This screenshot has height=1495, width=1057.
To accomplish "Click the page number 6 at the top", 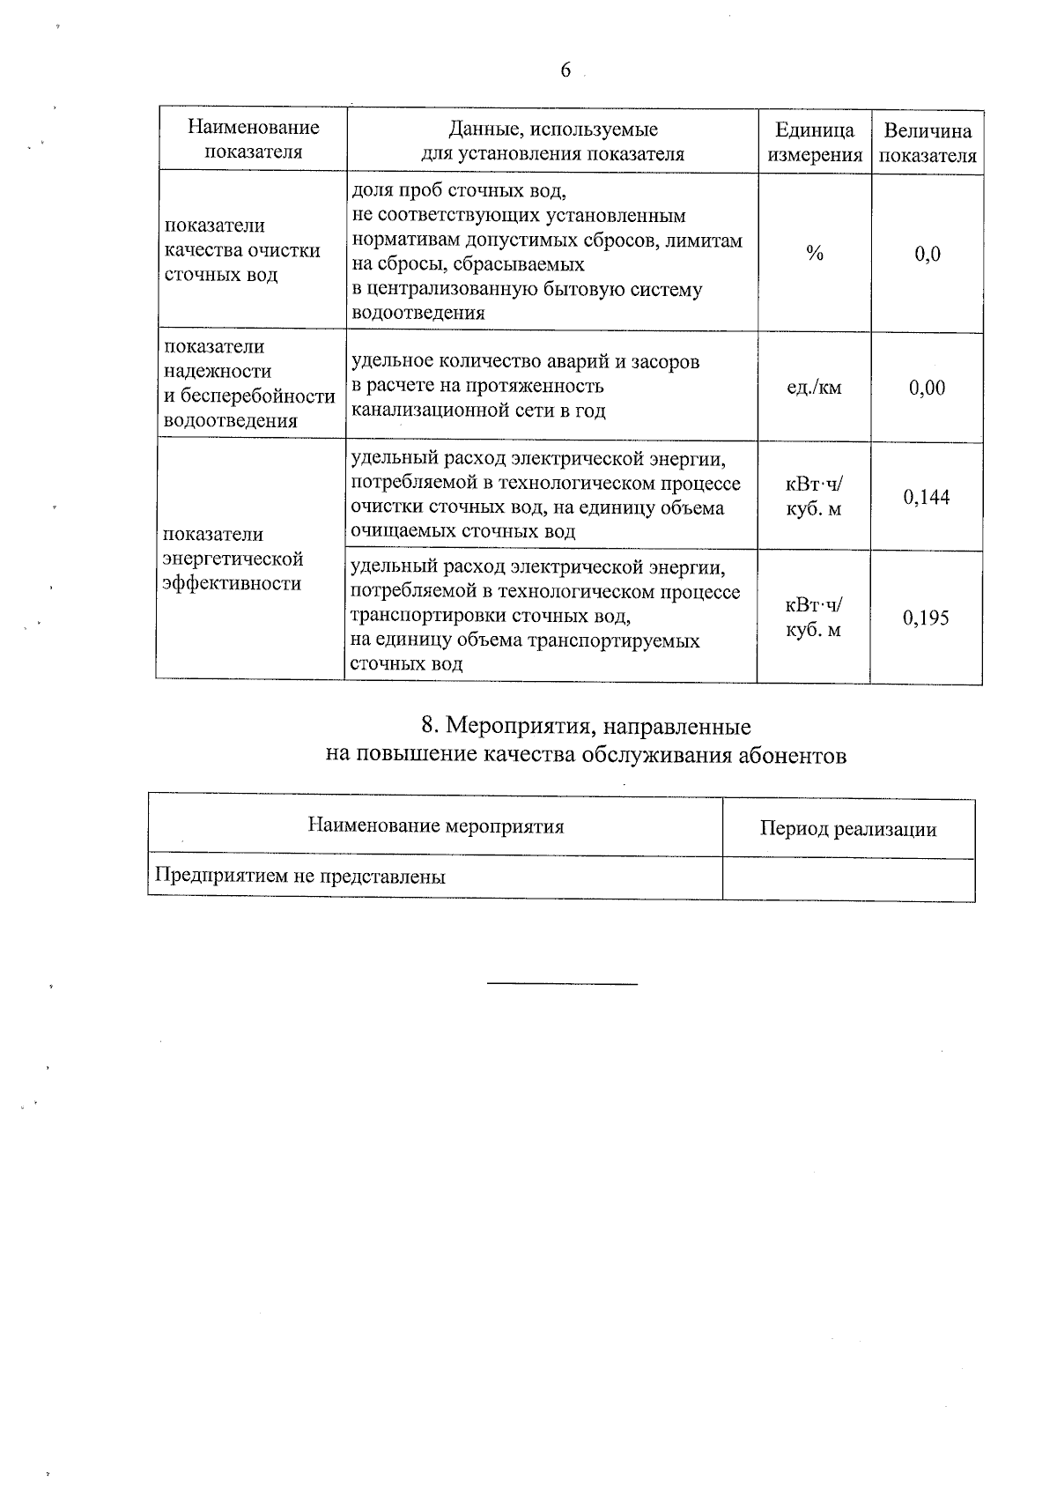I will [565, 70].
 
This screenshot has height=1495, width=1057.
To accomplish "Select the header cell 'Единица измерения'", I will [815, 143].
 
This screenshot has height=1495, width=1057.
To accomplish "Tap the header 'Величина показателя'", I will [928, 143].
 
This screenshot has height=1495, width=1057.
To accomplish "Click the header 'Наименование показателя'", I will [254, 139].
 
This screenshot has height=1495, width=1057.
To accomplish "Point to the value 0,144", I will [927, 497].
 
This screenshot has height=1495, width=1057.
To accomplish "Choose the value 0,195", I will [926, 618].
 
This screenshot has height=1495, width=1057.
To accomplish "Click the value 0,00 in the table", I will [928, 388].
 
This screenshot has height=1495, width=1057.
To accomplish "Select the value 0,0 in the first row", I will [928, 255].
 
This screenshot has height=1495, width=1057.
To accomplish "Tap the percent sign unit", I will [815, 255].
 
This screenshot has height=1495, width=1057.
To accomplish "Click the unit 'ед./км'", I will [815, 388].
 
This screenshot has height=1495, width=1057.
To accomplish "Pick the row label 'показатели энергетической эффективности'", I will [234, 559].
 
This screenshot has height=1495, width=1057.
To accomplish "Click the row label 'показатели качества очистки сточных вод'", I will [242, 250].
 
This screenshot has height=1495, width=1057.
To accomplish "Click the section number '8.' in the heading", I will [431, 726].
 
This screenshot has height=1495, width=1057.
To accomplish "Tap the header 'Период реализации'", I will [848, 829].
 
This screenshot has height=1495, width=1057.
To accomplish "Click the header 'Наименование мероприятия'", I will [436, 826].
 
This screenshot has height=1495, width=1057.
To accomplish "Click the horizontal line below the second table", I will [562, 983].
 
